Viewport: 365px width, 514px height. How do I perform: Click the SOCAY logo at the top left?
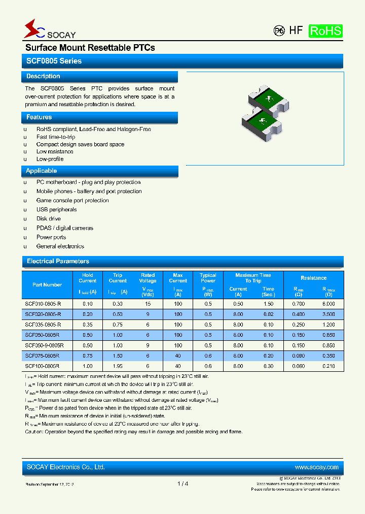click(49, 30)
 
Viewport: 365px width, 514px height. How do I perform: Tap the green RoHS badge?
click(325, 30)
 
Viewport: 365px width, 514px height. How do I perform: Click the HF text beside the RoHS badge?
click(296, 30)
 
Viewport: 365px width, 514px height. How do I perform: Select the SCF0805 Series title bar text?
click(54, 61)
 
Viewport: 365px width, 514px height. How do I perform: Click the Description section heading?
click(43, 76)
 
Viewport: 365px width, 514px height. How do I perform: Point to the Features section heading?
click(39, 117)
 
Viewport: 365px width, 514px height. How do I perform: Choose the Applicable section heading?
click(41, 171)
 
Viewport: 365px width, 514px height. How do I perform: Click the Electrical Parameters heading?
click(58, 261)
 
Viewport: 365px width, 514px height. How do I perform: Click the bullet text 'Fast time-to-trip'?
click(56, 137)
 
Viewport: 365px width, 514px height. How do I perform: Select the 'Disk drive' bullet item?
click(49, 219)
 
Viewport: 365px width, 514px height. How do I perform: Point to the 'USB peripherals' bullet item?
click(56, 210)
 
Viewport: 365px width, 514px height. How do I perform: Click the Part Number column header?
click(47, 285)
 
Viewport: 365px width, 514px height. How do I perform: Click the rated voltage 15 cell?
click(148, 303)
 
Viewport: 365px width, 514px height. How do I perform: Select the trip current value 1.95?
click(118, 366)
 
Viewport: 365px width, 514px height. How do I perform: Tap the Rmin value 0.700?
click(299, 303)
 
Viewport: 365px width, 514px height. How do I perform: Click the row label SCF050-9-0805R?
click(45, 345)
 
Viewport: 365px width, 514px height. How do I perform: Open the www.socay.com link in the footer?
click(316, 467)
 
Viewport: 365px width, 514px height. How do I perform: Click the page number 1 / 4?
click(182, 484)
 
